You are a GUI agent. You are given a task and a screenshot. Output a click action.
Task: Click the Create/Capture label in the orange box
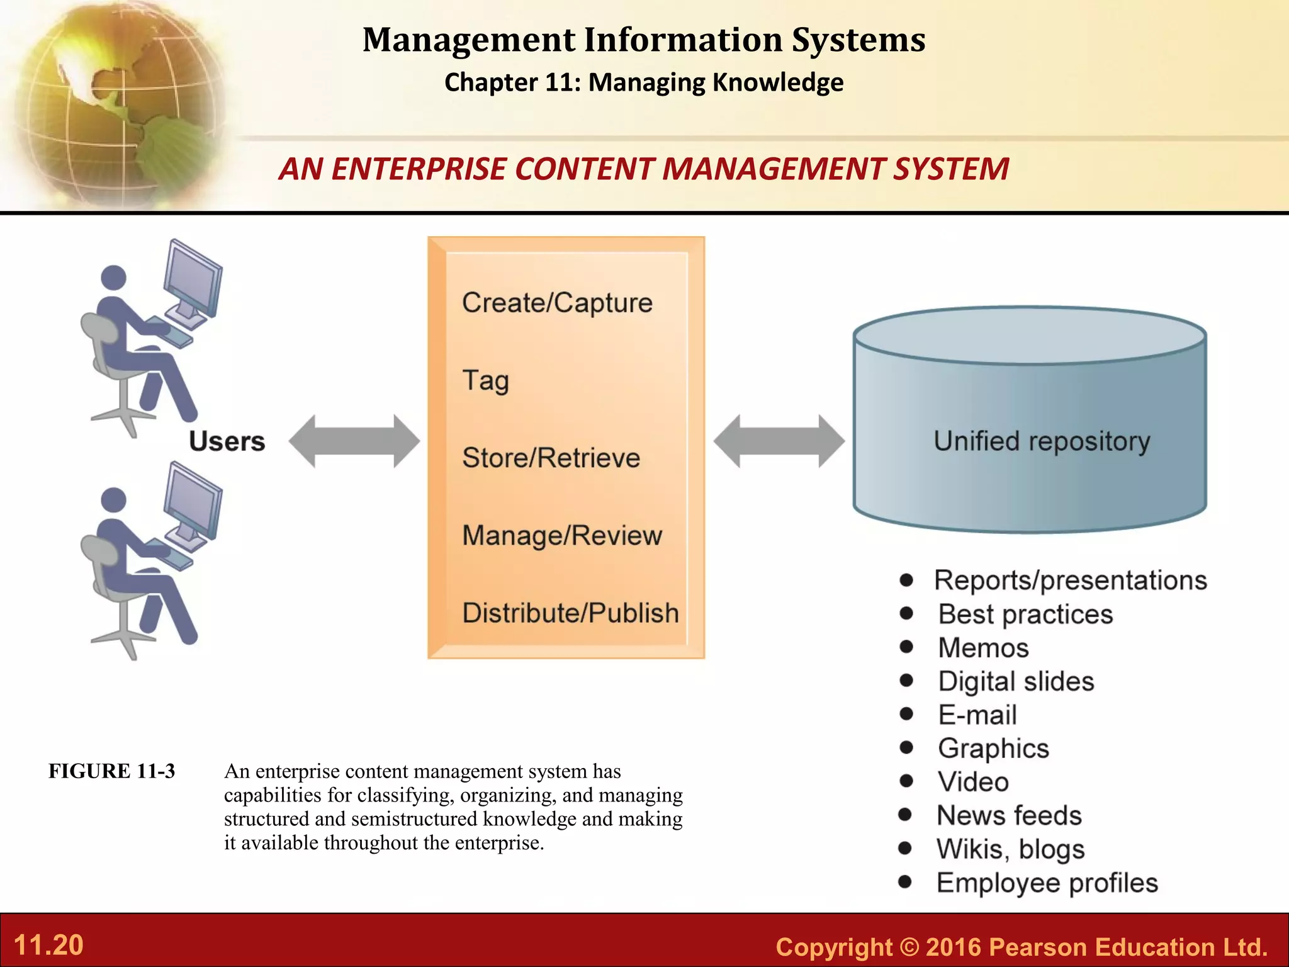click(557, 303)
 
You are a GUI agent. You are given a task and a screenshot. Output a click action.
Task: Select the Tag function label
click(485, 380)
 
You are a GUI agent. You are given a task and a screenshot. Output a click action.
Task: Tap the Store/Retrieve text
click(551, 458)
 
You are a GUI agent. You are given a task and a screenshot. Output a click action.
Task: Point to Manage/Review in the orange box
click(562, 535)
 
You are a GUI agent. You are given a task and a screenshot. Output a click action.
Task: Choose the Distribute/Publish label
click(570, 613)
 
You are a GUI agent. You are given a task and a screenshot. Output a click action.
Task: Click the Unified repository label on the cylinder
click(1042, 441)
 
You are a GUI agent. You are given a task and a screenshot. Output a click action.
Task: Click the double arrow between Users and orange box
click(354, 441)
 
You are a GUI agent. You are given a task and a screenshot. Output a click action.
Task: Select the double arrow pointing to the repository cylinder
click(779, 441)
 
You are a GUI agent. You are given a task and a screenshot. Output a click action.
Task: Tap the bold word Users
click(227, 441)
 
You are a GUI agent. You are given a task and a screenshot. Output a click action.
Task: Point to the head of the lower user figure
click(114, 499)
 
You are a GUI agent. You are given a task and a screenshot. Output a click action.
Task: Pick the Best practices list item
click(1025, 614)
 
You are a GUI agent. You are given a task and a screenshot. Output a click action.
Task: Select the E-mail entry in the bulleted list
click(977, 715)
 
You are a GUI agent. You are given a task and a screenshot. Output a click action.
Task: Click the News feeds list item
click(1009, 815)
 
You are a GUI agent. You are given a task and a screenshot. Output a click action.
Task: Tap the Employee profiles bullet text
click(1047, 883)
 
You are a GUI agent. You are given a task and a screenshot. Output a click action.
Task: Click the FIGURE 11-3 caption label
click(112, 771)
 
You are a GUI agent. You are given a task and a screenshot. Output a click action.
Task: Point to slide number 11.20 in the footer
click(48, 945)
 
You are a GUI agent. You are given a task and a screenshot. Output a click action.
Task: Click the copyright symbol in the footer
click(909, 947)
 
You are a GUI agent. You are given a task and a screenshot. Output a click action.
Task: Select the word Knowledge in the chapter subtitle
click(779, 82)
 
